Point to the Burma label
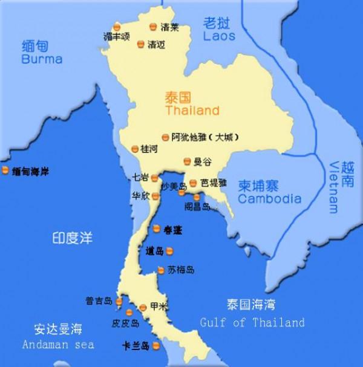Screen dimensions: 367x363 [42, 59]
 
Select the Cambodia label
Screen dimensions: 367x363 [269, 198]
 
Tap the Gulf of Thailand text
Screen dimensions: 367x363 [252, 323]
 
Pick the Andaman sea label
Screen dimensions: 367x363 [58, 345]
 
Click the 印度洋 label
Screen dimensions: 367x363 [71, 238]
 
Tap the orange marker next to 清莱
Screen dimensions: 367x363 [153, 27]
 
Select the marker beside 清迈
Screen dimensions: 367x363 [141, 44]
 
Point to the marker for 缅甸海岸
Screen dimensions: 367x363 [5, 171]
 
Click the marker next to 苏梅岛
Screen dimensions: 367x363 [161, 270]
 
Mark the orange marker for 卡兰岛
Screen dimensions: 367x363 [155, 346]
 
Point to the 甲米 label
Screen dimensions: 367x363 [157, 307]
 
